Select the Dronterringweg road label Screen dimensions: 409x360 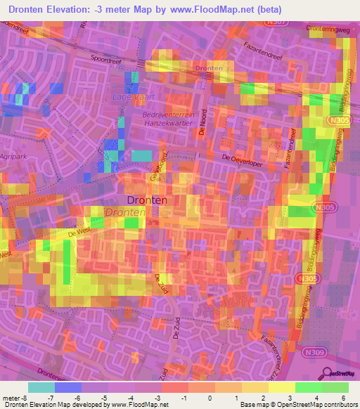328,29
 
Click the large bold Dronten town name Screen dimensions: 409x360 146,200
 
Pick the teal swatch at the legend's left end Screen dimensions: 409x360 41,387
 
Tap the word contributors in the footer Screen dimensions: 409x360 340,405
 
